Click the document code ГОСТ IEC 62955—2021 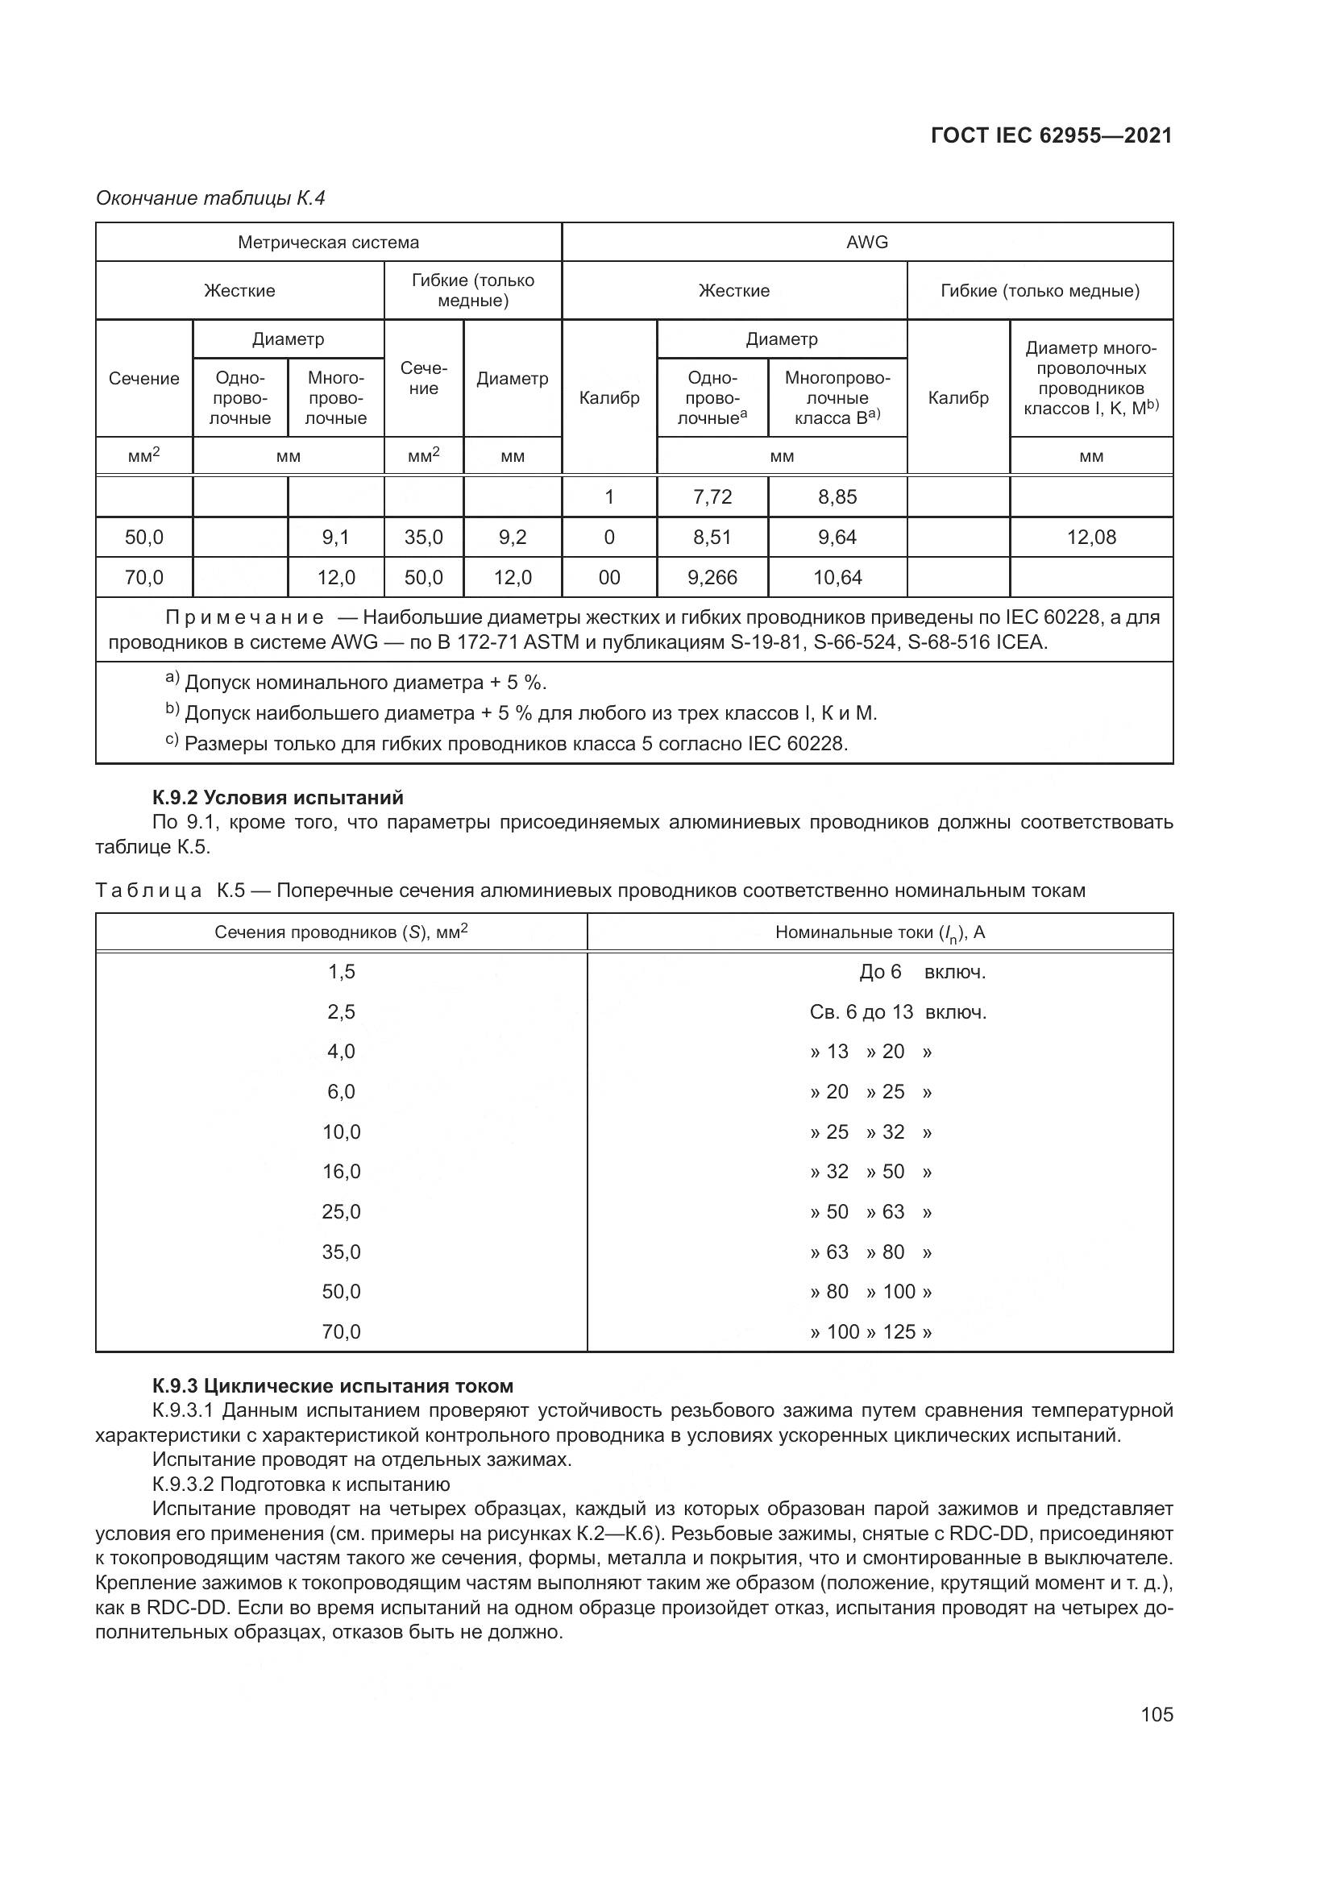(x=1051, y=136)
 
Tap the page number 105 (x=1157, y=1715)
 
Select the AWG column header (x=867, y=243)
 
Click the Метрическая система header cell (x=328, y=243)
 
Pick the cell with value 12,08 (x=1091, y=538)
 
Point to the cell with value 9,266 (x=712, y=578)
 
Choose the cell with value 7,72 (x=712, y=497)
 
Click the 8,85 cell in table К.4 (x=837, y=497)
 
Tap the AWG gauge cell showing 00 (x=609, y=578)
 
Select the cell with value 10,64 (x=837, y=578)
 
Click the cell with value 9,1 (x=336, y=538)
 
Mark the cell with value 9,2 (x=513, y=538)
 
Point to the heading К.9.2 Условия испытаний (x=277, y=797)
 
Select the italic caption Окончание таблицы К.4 (x=211, y=199)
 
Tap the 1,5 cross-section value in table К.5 (x=342, y=972)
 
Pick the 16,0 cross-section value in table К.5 (x=342, y=1173)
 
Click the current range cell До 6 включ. (x=922, y=972)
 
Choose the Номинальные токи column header (x=880, y=932)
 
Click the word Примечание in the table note (x=243, y=617)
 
